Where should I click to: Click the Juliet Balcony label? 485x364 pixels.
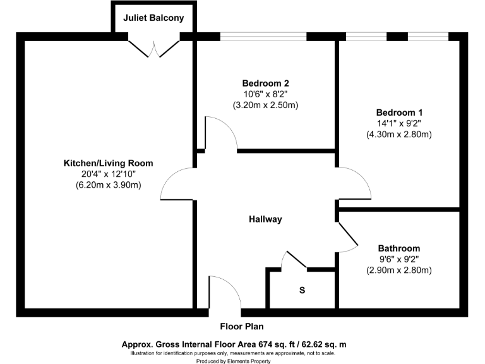click(153, 18)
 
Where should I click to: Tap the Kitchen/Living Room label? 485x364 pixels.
click(108, 163)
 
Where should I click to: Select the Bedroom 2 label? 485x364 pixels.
click(265, 83)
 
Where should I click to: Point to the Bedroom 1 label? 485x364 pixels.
click(398, 112)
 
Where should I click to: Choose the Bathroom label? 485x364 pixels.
click(398, 248)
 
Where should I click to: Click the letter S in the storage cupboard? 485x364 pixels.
click(302, 291)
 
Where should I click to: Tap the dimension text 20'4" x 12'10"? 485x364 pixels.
click(108, 174)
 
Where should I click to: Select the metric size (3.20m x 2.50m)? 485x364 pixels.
click(265, 105)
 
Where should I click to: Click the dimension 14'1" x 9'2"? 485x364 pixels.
click(398, 123)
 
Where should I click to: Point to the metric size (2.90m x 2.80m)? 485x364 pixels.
click(398, 270)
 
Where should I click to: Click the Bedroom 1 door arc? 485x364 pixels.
click(354, 183)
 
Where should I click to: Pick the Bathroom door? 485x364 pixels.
click(348, 237)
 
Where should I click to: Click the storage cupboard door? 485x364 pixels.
click(294, 259)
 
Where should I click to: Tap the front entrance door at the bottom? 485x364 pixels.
click(224, 294)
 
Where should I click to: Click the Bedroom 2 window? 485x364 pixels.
click(263, 37)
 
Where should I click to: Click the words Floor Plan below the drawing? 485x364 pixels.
click(242, 327)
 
